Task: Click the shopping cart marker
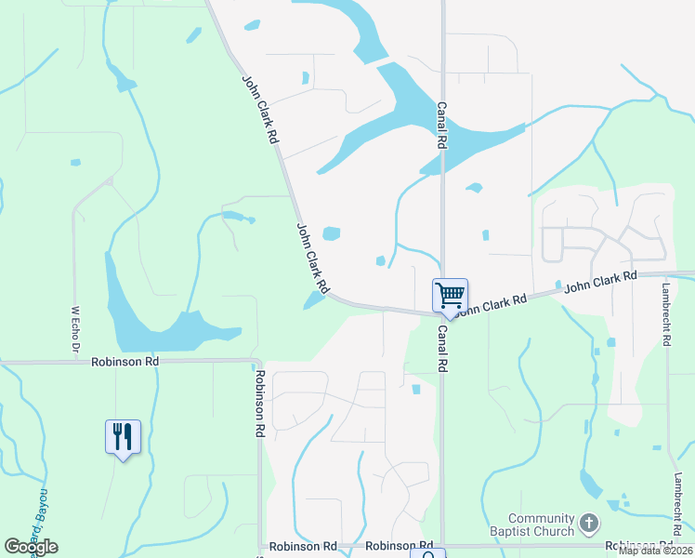coord(450,297)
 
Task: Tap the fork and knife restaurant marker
coord(123,436)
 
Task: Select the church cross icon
coord(588,524)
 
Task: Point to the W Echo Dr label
coord(75,329)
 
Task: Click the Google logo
coord(31,547)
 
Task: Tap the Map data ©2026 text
coord(656,551)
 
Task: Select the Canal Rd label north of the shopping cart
coord(442,126)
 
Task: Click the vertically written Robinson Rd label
coord(261,405)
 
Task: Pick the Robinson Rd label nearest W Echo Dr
coord(125,361)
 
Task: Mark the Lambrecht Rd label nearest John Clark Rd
coord(667,315)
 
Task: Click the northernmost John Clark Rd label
coord(260,108)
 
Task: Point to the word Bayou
coord(42,502)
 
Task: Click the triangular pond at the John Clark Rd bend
coord(314,299)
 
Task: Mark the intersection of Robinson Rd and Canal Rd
coord(442,546)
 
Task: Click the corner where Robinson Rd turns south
coord(260,360)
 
